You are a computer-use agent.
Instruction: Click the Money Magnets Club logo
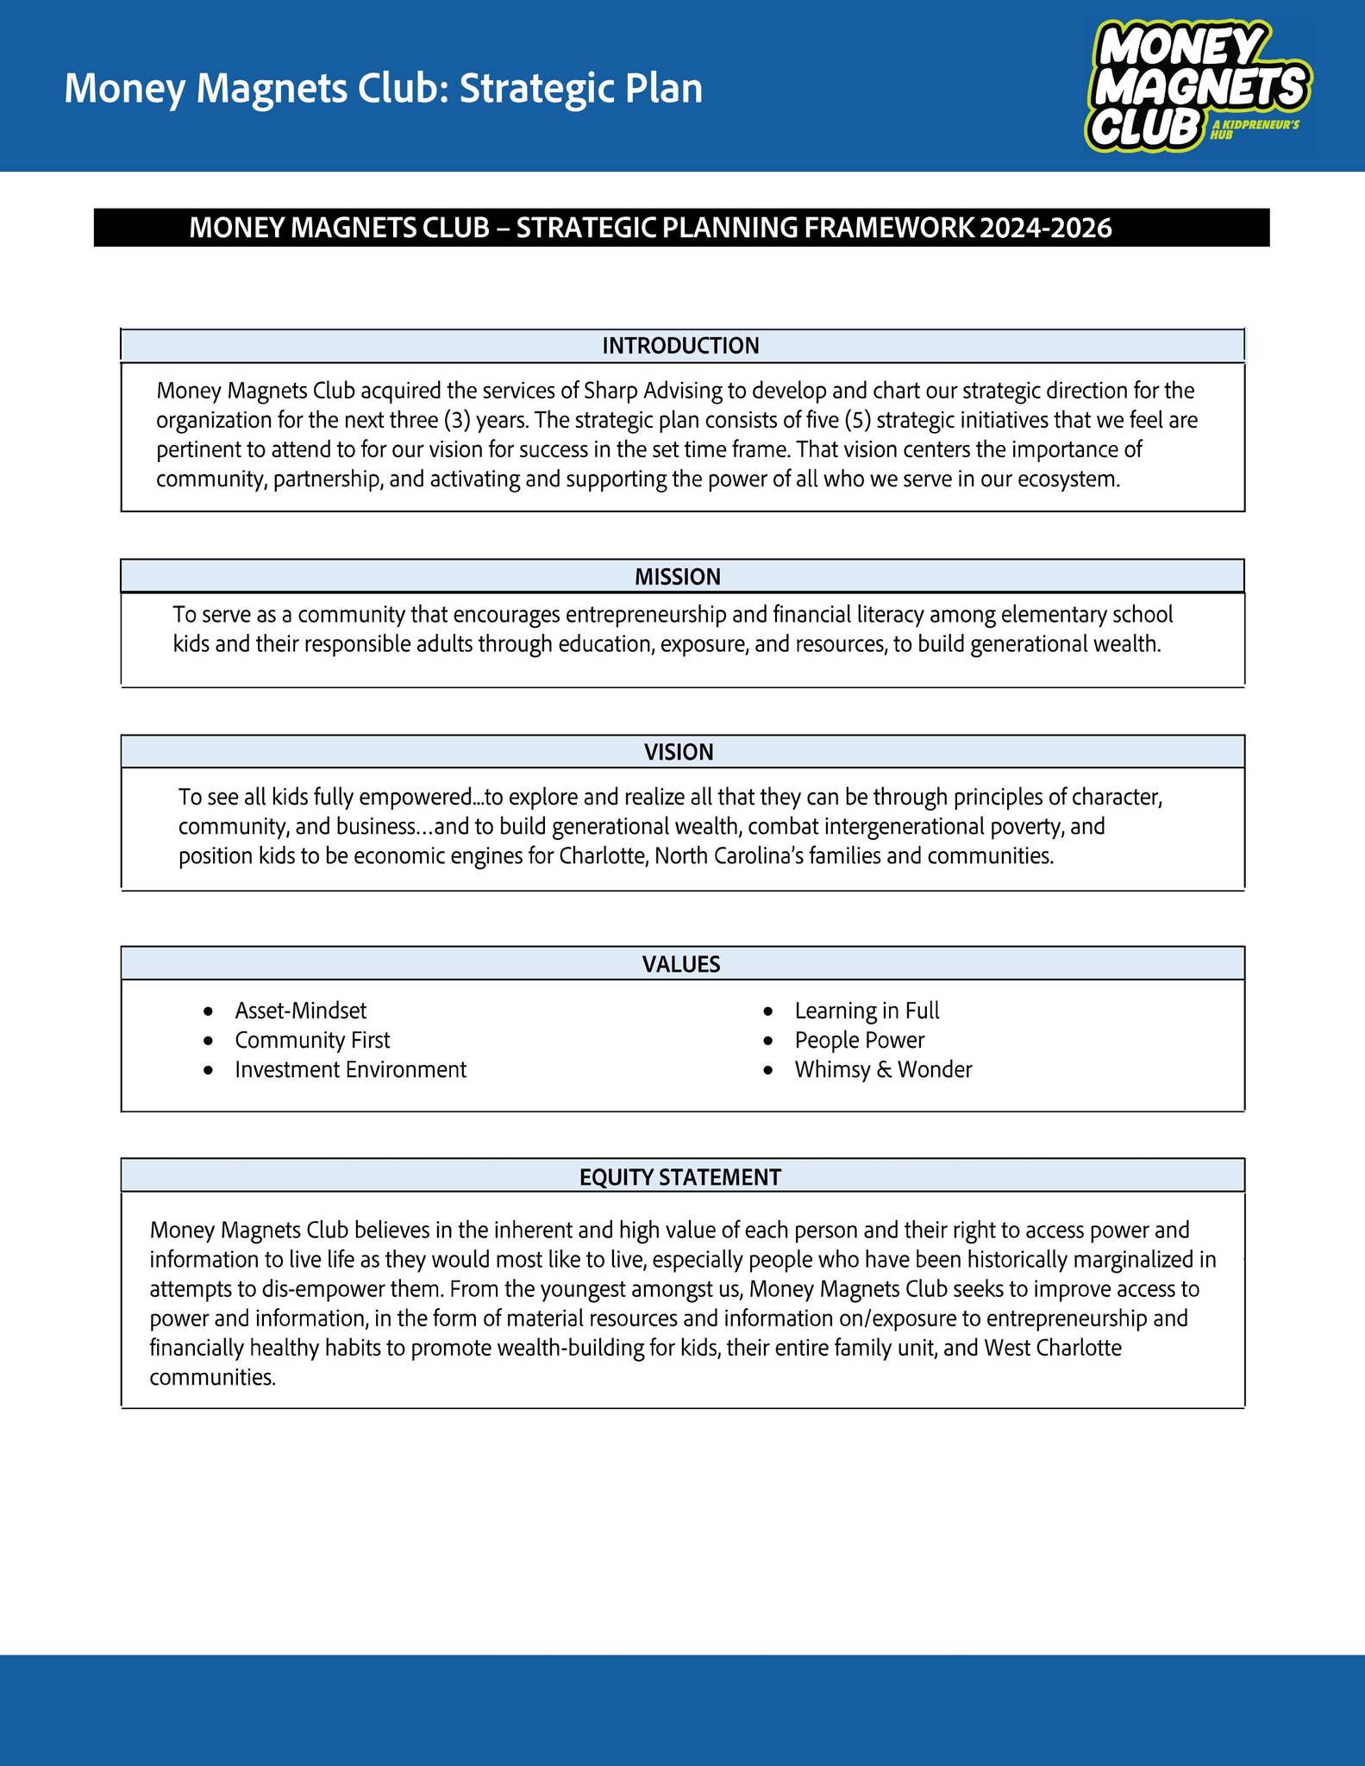pyautogui.click(x=1197, y=87)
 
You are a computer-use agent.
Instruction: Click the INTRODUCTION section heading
pyautogui.click(x=680, y=346)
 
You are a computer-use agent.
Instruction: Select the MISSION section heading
pyautogui.click(x=678, y=577)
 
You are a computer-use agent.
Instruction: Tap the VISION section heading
pyautogui.click(x=679, y=752)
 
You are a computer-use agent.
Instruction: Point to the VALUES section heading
pyautogui.click(x=681, y=964)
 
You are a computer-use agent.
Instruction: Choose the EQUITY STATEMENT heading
pyautogui.click(x=680, y=1177)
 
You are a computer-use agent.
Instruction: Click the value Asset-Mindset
pyautogui.click(x=300, y=1011)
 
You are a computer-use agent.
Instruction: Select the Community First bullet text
pyautogui.click(x=312, y=1040)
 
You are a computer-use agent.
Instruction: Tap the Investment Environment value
pyautogui.click(x=350, y=1069)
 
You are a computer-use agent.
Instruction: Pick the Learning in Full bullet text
pyautogui.click(x=867, y=1011)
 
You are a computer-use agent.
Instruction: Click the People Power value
pyautogui.click(x=859, y=1040)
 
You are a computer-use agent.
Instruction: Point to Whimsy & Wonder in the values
pyautogui.click(x=883, y=1069)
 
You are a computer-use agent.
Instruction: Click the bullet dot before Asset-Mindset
pyautogui.click(x=208, y=1011)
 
